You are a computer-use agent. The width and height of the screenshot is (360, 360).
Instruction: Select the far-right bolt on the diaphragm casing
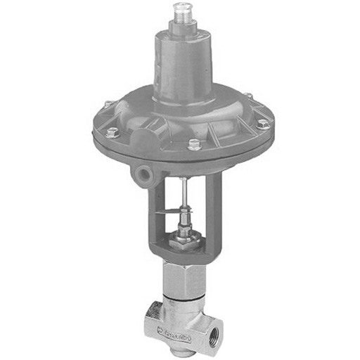point(263,124)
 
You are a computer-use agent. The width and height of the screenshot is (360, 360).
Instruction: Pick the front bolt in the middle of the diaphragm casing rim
point(194,146)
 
